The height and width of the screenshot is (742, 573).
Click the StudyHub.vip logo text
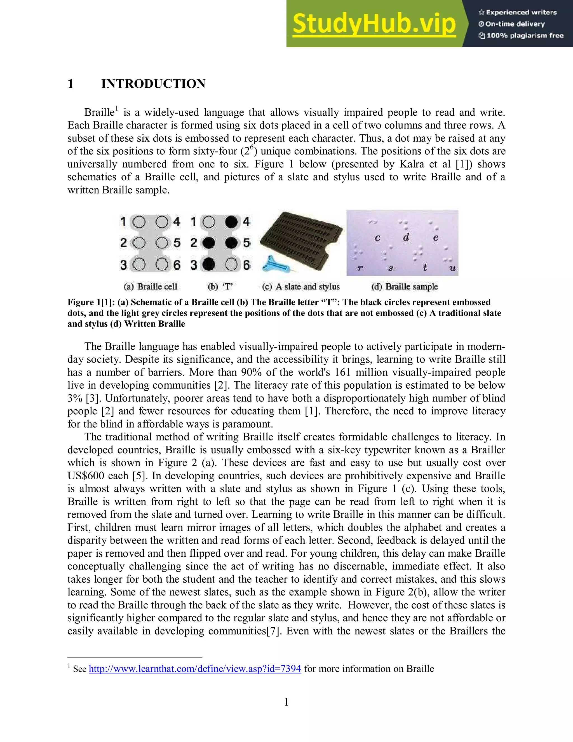pos(374,24)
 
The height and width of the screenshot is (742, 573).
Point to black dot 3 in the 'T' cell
pos(208,264)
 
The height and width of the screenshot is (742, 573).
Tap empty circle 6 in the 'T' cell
pos(231,264)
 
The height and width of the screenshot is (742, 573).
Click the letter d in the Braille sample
pos(406,237)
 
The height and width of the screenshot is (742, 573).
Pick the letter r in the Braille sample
pos(360,268)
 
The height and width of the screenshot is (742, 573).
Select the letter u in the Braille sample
pos(452,268)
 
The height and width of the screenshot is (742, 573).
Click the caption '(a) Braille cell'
pos(150,287)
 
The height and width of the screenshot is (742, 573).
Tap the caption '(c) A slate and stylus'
pos(301,287)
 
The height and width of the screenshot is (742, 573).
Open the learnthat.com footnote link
pos(195,669)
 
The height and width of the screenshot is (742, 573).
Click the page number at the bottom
pos(286,702)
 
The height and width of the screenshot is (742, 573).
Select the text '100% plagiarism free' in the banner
pos(525,36)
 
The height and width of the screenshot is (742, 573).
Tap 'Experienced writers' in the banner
pos(521,13)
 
